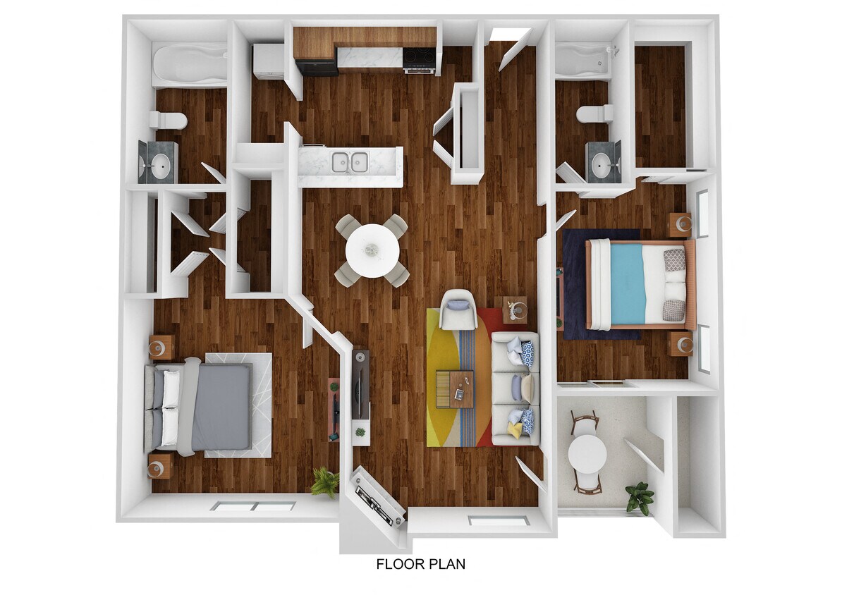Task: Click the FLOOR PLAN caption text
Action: (420, 564)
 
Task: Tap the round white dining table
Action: (372, 250)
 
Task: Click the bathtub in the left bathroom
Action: (189, 64)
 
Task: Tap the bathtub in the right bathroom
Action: (582, 61)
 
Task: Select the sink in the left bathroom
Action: (158, 166)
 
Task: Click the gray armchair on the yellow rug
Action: (458, 309)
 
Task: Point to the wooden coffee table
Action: (455, 388)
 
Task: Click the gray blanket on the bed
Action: (220, 407)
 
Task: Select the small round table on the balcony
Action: (587, 453)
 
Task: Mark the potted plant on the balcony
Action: (640, 497)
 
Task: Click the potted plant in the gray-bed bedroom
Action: (325, 481)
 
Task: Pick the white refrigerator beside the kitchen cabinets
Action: (268, 61)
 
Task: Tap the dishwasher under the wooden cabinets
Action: (317, 67)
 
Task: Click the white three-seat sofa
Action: (515, 388)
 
